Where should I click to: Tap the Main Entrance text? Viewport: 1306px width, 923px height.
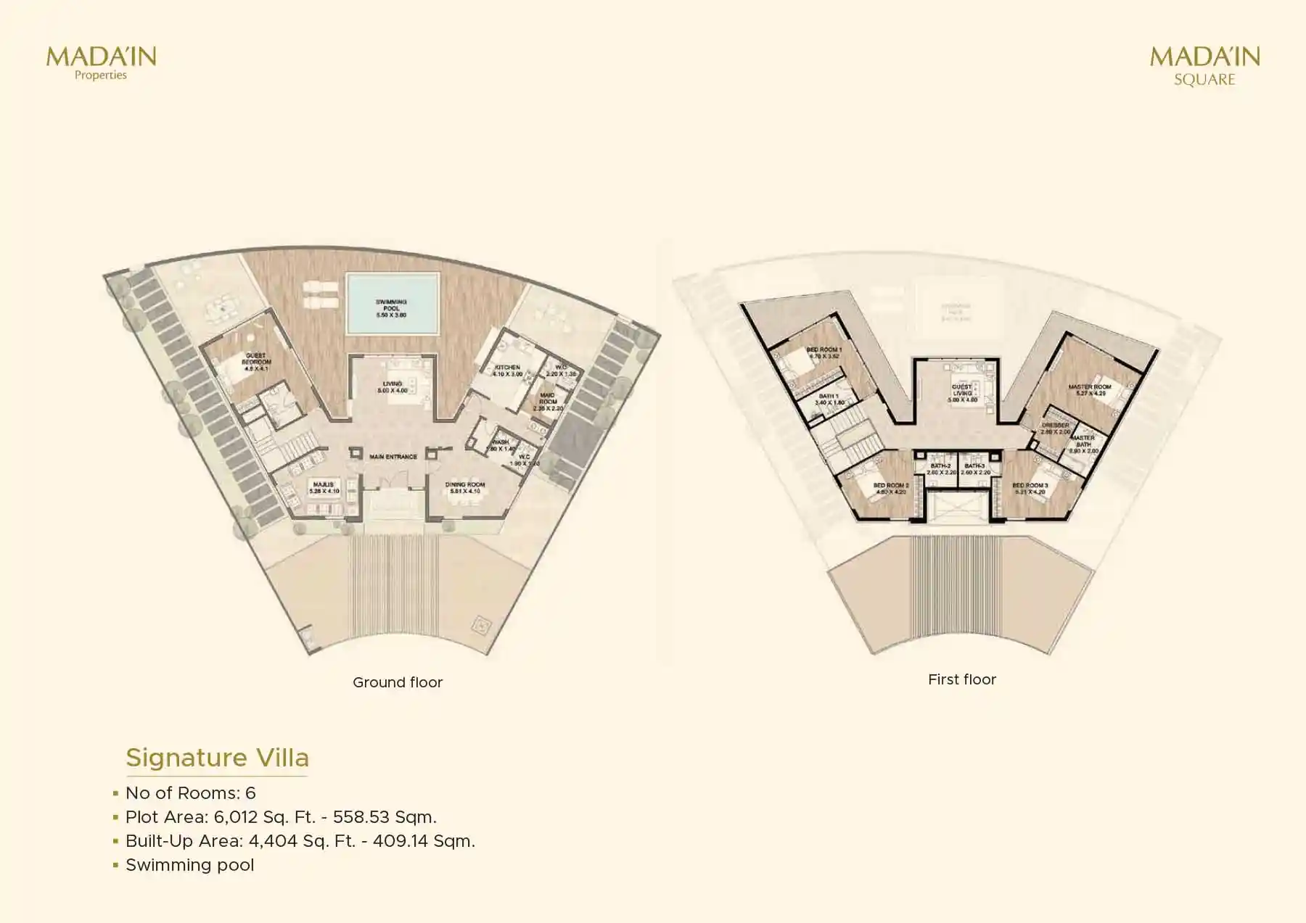(393, 457)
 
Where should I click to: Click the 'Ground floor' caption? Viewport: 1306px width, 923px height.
(398, 682)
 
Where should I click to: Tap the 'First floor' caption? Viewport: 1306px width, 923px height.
(962, 679)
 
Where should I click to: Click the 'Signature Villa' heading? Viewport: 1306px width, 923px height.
(218, 758)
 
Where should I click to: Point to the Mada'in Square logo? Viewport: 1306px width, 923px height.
(1204, 65)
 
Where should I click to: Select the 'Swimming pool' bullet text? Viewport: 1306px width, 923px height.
(190, 865)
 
